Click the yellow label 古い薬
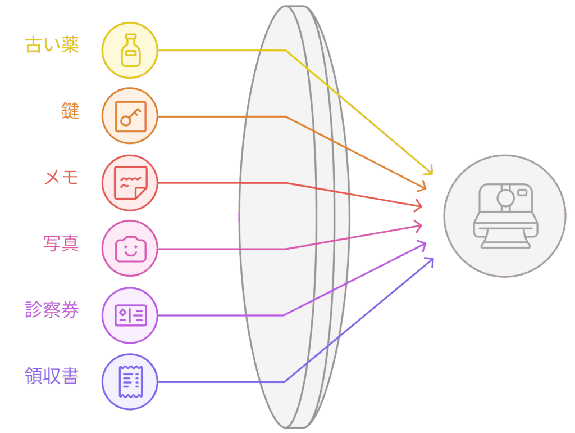tap(52, 45)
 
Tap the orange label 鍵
tap(70, 111)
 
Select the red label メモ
tap(61, 177)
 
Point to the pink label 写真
tap(61, 243)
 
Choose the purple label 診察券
tap(52, 310)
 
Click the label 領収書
tap(52, 376)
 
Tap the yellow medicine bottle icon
tap(130, 50)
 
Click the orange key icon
tap(130, 116)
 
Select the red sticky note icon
tap(131, 183)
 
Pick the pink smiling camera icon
tap(131, 249)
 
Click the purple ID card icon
tap(131, 315)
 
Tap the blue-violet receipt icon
tap(131, 382)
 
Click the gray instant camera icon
tap(506, 216)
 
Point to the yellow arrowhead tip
tap(433, 174)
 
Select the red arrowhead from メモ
tap(422, 206)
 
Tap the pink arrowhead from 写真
tap(422, 225)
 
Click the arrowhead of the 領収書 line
tap(433, 259)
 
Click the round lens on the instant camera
tap(506, 199)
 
